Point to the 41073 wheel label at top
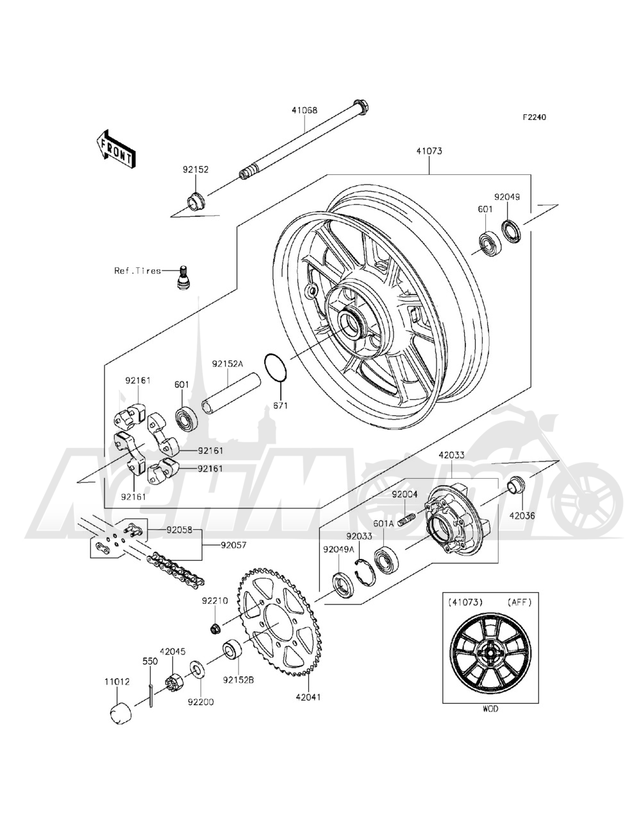(428, 153)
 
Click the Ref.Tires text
(137, 271)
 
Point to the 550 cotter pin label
(149, 660)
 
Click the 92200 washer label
(201, 702)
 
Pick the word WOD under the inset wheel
(490, 709)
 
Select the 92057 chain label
(235, 547)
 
